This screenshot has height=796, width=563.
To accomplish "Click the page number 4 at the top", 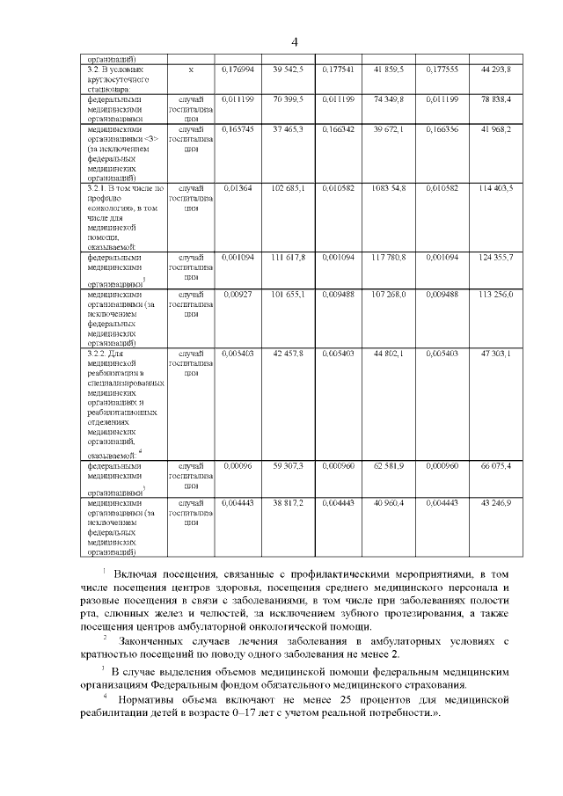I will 296,42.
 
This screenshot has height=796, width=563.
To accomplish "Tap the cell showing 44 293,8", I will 496,69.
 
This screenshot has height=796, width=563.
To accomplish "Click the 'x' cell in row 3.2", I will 191,69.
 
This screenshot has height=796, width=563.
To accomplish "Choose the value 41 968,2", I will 496,129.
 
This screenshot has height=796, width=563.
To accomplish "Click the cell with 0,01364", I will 238,188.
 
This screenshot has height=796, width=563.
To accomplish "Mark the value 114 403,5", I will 496,188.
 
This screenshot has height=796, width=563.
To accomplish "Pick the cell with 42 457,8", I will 288,353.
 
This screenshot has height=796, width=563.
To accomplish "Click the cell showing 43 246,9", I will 496,502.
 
